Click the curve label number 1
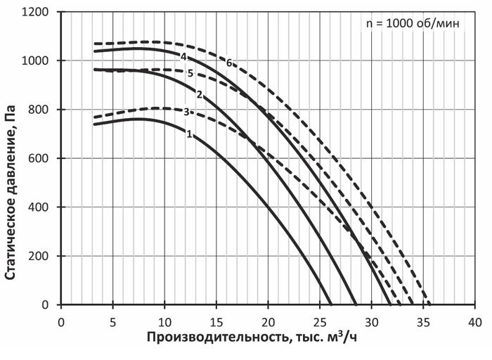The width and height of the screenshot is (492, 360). tap(189, 134)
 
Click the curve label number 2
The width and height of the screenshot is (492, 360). tap(200, 95)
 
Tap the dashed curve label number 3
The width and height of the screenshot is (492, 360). tap(186, 112)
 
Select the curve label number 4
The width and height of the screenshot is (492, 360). tap(183, 56)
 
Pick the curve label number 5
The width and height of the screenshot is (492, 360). tap(190, 73)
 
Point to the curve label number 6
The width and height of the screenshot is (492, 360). tap(229, 63)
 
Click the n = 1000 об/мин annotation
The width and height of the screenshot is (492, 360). tap(413, 24)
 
